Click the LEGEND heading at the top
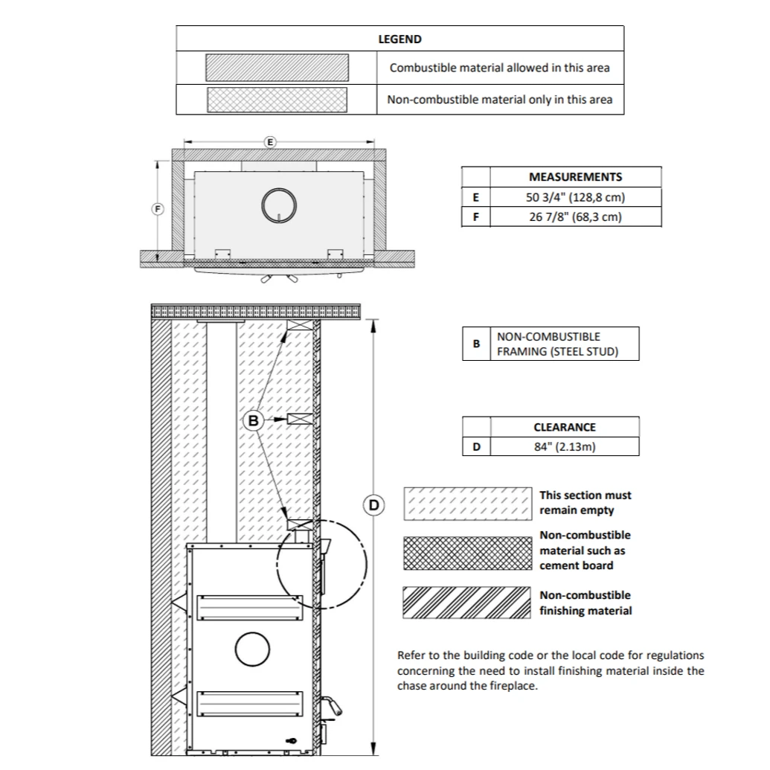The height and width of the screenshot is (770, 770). pyautogui.click(x=400, y=39)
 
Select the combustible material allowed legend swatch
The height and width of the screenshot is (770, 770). pyautogui.click(x=277, y=68)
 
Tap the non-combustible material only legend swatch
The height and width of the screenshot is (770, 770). pyautogui.click(x=277, y=100)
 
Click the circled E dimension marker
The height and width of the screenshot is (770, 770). pyautogui.click(x=270, y=141)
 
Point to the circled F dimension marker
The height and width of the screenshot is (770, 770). pyautogui.click(x=157, y=209)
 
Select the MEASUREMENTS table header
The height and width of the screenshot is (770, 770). pyautogui.click(x=575, y=177)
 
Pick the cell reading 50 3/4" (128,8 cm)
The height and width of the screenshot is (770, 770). pyautogui.click(x=575, y=197)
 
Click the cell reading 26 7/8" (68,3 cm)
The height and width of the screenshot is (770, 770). pyautogui.click(x=575, y=217)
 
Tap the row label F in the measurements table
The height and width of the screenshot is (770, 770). pyautogui.click(x=476, y=217)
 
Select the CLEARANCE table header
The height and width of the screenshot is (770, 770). pyautogui.click(x=565, y=427)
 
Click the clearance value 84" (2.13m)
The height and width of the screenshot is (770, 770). pyautogui.click(x=565, y=447)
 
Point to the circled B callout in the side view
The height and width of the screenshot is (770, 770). pyautogui.click(x=254, y=420)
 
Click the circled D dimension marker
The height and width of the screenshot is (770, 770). pyautogui.click(x=373, y=505)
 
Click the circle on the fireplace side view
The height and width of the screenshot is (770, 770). pyautogui.click(x=251, y=650)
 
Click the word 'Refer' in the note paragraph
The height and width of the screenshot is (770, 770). pyautogui.click(x=411, y=655)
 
